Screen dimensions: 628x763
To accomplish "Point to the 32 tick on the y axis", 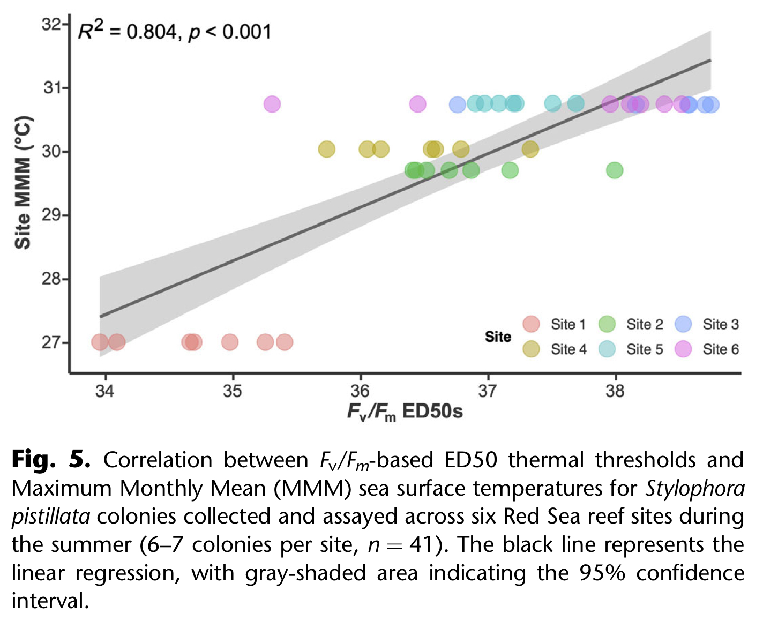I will pyautogui.click(x=52, y=24).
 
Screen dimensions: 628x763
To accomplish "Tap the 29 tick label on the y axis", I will pyautogui.click(x=52, y=215).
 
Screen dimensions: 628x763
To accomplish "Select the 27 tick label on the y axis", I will pyautogui.click(x=52, y=342).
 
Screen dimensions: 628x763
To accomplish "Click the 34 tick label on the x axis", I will pyautogui.click(x=105, y=391).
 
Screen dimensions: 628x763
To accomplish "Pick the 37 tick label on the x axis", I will pyautogui.click(x=488, y=391).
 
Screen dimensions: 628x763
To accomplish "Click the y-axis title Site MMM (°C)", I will pyautogui.click(x=23, y=182).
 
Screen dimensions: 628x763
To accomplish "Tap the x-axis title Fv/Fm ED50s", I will pyautogui.click(x=405, y=412).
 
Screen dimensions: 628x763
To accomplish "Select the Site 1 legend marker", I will pyautogui.click(x=531, y=324).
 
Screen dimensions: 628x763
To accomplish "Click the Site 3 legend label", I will pyautogui.click(x=721, y=324).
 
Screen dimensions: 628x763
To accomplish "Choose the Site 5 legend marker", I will pyautogui.click(x=607, y=349).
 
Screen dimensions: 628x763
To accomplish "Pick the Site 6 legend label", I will pyautogui.click(x=721, y=349).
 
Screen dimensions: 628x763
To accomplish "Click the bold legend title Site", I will pyautogui.click(x=498, y=337).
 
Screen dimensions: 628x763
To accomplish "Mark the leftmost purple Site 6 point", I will pyautogui.click(x=272, y=104).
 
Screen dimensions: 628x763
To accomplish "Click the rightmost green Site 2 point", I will pyautogui.click(x=615, y=170).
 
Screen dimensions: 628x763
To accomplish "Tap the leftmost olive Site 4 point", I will pyautogui.click(x=327, y=149).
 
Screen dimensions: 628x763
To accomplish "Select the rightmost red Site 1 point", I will pyautogui.click(x=285, y=342).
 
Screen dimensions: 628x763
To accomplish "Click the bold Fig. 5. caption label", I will pyautogui.click(x=51, y=460).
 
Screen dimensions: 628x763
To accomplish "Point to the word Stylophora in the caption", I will pyautogui.click(x=695, y=488).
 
